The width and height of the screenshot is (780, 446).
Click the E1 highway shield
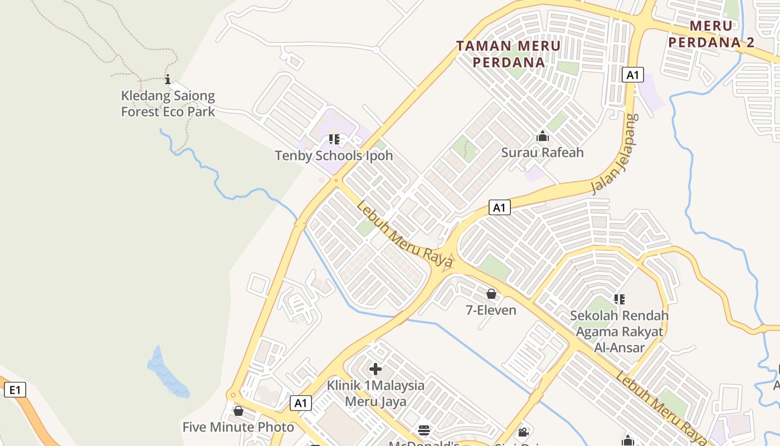(15, 390)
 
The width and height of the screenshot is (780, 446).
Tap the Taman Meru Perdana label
(508, 54)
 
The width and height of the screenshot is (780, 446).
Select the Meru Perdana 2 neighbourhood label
(711, 34)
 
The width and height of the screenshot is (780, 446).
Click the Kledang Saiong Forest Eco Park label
(168, 104)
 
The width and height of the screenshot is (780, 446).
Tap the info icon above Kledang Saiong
(167, 79)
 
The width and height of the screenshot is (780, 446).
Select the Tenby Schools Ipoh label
(334, 156)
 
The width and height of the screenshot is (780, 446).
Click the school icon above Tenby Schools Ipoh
(334, 139)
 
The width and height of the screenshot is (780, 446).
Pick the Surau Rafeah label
(542, 152)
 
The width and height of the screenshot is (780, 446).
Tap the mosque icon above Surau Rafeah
(542, 136)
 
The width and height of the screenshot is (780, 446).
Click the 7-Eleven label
(491, 310)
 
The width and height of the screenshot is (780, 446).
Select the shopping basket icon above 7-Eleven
(491, 294)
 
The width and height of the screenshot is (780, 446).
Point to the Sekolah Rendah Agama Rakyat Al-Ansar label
(619, 332)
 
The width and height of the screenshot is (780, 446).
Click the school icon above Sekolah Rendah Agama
(619, 299)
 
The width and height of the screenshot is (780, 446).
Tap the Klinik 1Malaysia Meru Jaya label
(376, 393)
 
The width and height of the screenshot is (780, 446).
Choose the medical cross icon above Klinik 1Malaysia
(376, 369)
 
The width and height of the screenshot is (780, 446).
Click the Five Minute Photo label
(238, 428)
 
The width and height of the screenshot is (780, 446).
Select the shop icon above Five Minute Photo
(238, 411)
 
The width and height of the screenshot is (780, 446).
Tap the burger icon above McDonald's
(424, 431)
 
